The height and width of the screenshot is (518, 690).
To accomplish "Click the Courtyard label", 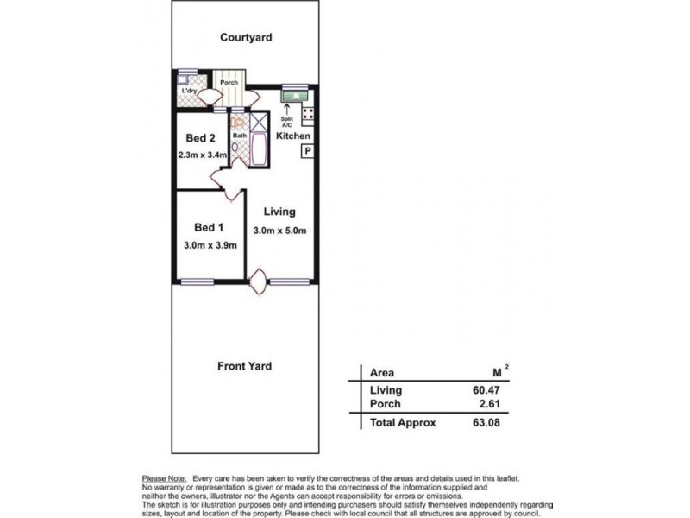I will pyautogui.click(x=246, y=37).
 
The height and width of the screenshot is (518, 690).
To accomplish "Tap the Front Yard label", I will pyautogui.click(x=244, y=366).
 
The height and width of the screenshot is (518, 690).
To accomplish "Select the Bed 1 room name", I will pyautogui.click(x=209, y=227).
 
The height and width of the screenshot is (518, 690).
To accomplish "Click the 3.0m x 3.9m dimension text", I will pyautogui.click(x=210, y=245).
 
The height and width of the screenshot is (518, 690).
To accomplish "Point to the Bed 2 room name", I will pyautogui.click(x=200, y=138).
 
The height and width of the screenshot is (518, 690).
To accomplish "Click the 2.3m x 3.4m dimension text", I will pyautogui.click(x=202, y=155).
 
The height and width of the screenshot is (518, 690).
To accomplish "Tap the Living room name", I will pyautogui.click(x=279, y=212).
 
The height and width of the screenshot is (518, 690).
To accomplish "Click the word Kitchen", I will pyautogui.click(x=293, y=136).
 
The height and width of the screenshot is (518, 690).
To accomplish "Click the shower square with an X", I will pyautogui.click(x=259, y=121).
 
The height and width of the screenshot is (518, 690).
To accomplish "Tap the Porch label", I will pyautogui.click(x=229, y=83).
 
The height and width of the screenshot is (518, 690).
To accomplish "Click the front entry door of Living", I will pyautogui.click(x=258, y=281).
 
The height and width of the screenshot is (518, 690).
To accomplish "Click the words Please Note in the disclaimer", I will pyautogui.click(x=164, y=477).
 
